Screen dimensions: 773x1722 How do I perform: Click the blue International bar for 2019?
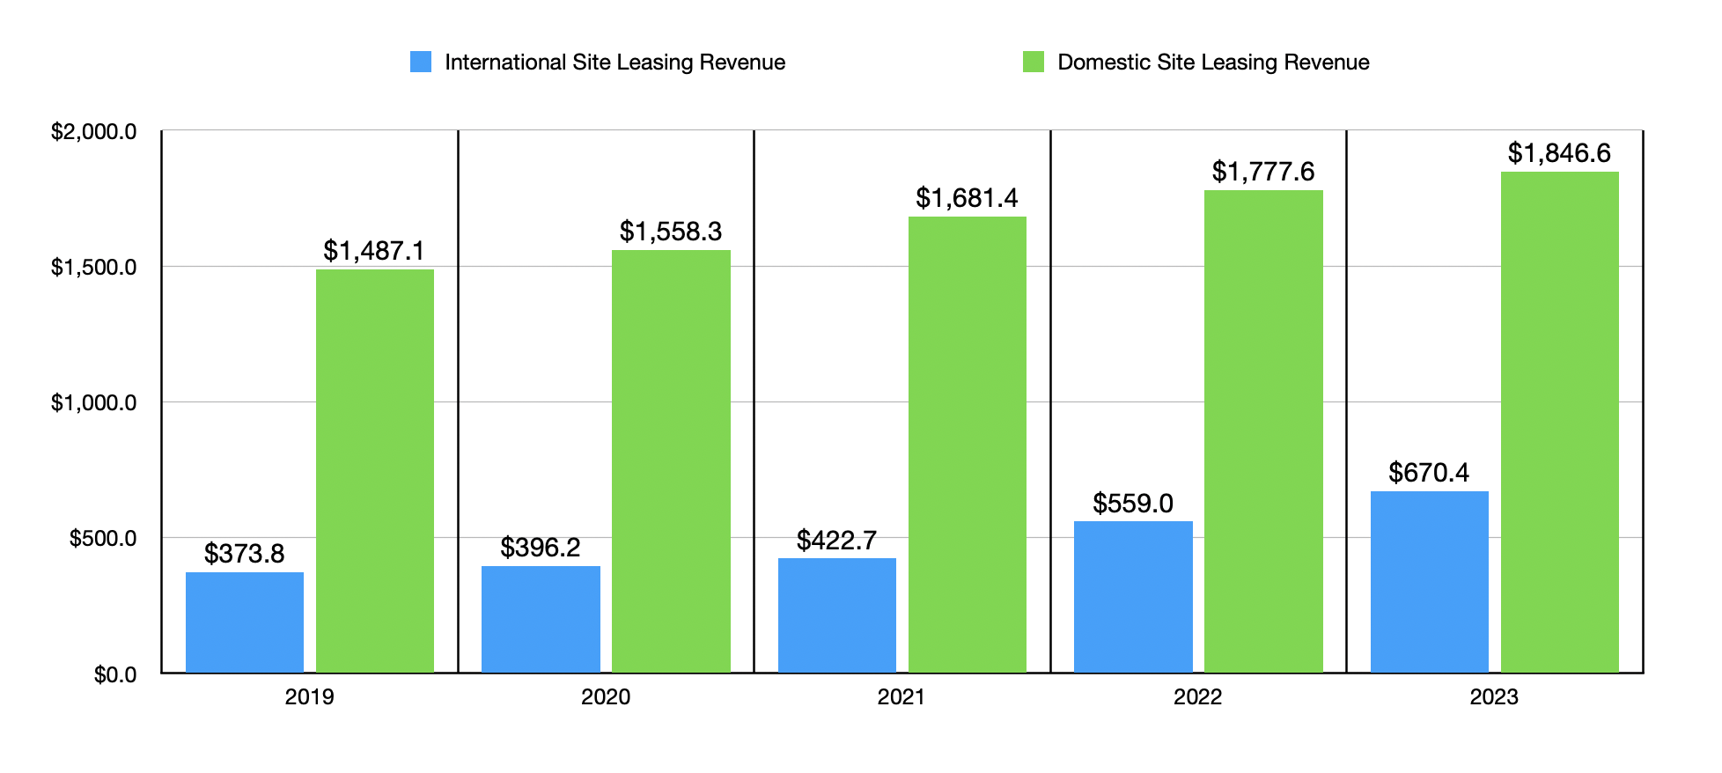(245, 622)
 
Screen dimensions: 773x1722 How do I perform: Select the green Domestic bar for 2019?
(375, 471)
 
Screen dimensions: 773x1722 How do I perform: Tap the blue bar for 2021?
(837, 615)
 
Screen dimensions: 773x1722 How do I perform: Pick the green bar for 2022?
(1263, 431)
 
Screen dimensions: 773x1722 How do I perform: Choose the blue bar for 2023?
(1429, 582)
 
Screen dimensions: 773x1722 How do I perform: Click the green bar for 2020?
(671, 461)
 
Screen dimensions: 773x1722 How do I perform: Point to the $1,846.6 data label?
(1559, 153)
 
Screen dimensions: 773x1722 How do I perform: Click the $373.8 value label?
(245, 554)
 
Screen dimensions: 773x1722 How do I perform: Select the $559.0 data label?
(1133, 504)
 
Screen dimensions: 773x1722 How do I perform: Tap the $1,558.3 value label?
(671, 232)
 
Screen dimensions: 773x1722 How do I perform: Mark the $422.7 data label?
(836, 541)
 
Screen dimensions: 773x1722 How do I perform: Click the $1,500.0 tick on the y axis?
(93, 268)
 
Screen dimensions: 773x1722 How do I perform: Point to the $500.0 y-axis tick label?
(103, 539)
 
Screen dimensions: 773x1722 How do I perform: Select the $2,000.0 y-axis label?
(93, 132)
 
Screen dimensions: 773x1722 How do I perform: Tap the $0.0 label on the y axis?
(115, 675)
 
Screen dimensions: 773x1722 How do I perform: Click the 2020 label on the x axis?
(606, 697)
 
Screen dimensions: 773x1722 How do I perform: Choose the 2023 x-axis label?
(1494, 697)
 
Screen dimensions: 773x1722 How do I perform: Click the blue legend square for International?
(421, 62)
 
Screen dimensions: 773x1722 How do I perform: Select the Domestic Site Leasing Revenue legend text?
(1213, 63)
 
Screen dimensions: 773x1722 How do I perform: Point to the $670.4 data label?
(1429, 473)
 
